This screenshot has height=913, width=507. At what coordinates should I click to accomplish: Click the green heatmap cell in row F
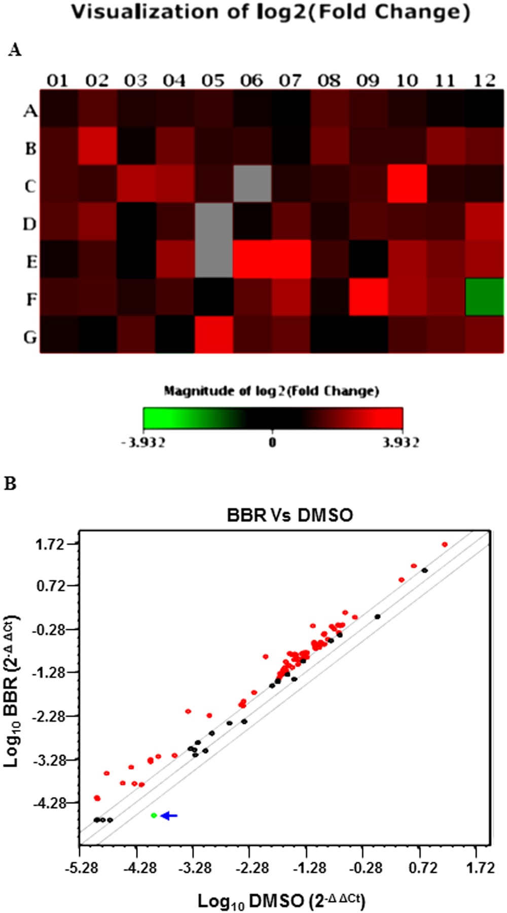pyautogui.click(x=485, y=297)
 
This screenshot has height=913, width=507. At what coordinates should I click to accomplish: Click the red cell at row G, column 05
pyautogui.click(x=213, y=335)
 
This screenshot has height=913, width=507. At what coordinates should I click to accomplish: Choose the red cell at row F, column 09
pyautogui.click(x=369, y=297)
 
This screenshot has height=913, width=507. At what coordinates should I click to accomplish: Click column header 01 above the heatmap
pyautogui.click(x=57, y=81)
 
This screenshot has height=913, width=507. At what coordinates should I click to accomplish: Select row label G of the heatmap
pyautogui.click(x=30, y=336)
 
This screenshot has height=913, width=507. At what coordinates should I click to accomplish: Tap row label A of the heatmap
pyautogui.click(x=30, y=111)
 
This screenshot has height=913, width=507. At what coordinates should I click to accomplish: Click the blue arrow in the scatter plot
pyautogui.click(x=169, y=816)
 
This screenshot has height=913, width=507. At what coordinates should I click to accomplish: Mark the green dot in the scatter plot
pyautogui.click(x=154, y=815)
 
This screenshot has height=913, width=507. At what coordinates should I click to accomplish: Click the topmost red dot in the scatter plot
pyautogui.click(x=445, y=544)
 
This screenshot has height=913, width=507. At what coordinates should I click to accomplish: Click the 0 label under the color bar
pyautogui.click(x=272, y=442)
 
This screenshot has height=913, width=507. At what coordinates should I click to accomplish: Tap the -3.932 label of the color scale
pyautogui.click(x=143, y=443)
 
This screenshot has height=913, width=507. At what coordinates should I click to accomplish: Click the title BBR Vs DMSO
pyautogui.click(x=289, y=515)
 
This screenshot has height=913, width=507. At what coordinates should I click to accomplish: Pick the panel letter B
pyautogui.click(x=10, y=484)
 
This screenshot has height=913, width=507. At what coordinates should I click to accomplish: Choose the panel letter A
pyautogui.click(x=15, y=50)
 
